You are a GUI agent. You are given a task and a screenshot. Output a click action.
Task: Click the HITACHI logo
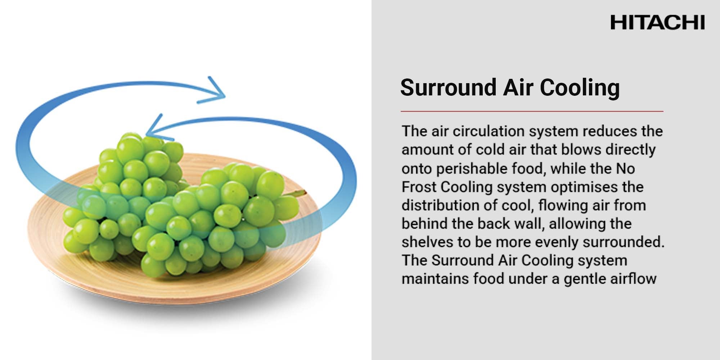[x=657, y=22]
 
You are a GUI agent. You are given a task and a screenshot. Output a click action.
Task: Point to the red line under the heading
[x=532, y=111]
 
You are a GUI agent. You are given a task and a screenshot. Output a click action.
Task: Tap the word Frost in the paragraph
[x=419, y=187]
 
